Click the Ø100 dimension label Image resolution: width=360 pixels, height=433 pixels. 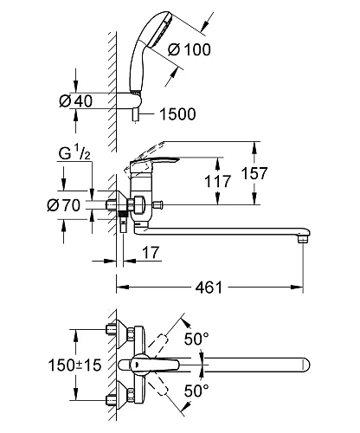pos(190,49)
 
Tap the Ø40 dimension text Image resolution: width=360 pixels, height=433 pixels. pos(76,100)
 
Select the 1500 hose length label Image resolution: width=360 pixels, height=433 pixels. pos(177,114)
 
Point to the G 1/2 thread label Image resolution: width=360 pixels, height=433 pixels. pos(74,153)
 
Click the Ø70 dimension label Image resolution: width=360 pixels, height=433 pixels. pos(64,205)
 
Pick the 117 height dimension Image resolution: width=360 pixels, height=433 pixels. pos(218,181)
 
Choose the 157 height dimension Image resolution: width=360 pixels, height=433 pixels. pos(254,173)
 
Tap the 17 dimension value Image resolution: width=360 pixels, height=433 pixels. pos(151,253)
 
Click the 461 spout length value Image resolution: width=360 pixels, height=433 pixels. pos(209,288)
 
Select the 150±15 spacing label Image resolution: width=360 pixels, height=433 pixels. pos(74,365)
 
